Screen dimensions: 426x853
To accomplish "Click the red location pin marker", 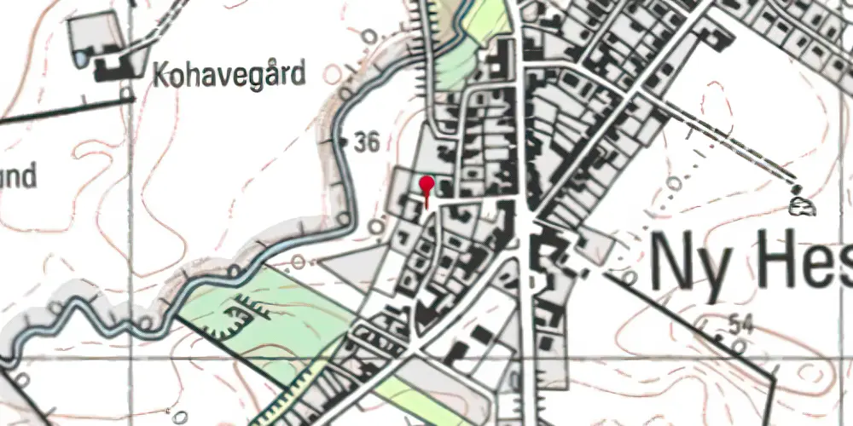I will click(x=426, y=185).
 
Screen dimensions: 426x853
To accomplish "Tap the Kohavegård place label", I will click(x=228, y=76).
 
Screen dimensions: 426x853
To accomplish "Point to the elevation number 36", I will click(x=366, y=143).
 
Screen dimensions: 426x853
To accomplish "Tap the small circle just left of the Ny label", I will click(x=629, y=277).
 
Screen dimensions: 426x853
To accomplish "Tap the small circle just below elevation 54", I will click(x=735, y=343).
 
